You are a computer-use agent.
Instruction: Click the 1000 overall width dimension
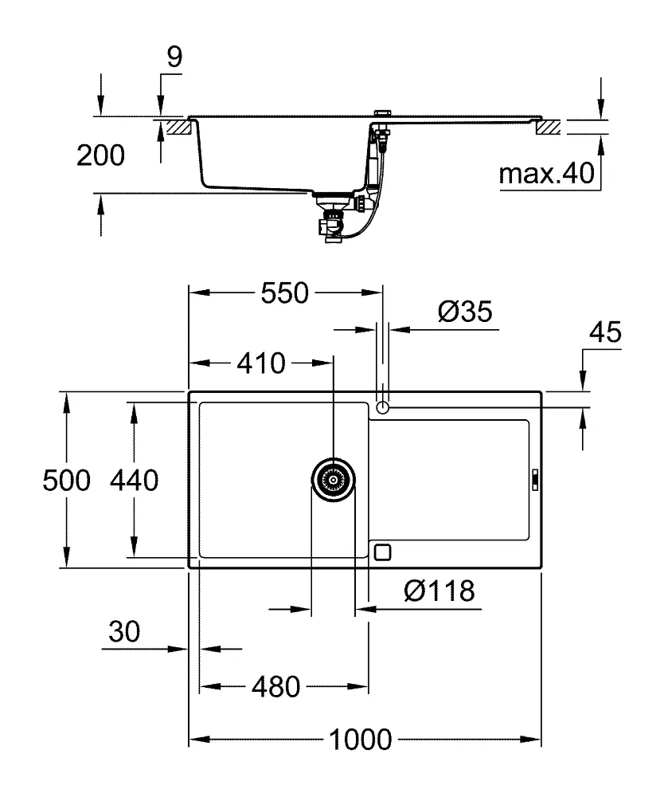(x=361, y=740)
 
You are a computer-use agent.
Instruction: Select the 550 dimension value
(x=285, y=293)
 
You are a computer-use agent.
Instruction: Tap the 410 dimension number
(x=260, y=363)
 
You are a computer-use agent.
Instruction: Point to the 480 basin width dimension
(x=276, y=686)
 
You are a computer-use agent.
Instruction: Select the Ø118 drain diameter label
(x=439, y=591)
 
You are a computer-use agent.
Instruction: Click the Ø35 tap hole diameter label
(x=465, y=311)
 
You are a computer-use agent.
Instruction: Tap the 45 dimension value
(x=603, y=333)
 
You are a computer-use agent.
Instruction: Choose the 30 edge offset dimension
(x=123, y=632)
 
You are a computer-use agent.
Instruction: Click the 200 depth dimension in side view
(x=100, y=156)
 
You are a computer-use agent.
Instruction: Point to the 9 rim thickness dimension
(x=175, y=57)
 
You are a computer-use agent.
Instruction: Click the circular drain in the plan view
(x=333, y=481)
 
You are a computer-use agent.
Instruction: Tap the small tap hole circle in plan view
(x=383, y=408)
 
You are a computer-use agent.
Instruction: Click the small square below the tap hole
(x=383, y=552)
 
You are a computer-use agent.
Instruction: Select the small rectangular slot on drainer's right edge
(x=535, y=480)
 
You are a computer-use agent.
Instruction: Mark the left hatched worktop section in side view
(x=177, y=127)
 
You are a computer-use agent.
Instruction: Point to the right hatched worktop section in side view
(x=549, y=127)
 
